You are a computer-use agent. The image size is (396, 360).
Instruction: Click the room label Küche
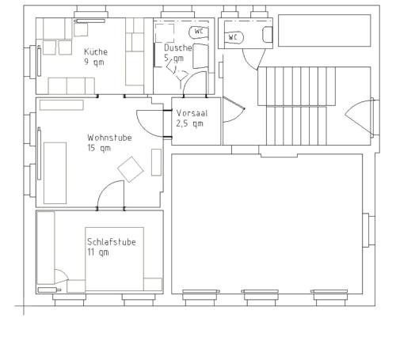(x=96, y=51)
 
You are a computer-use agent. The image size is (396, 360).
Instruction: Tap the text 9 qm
(x=94, y=63)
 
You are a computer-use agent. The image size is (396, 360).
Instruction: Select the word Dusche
(x=178, y=47)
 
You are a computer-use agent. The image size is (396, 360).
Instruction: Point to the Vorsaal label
(x=192, y=113)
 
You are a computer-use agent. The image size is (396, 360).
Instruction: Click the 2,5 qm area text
(x=189, y=123)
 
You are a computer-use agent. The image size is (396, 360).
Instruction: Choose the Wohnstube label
(x=109, y=138)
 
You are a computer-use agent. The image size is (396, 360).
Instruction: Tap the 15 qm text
(x=99, y=148)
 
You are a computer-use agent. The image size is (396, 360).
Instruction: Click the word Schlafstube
(x=112, y=242)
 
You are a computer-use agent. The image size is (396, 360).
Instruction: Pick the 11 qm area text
(x=98, y=252)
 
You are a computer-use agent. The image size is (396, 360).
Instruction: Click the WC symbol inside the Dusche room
(x=199, y=32)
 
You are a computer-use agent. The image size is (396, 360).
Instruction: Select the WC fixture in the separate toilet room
(x=234, y=37)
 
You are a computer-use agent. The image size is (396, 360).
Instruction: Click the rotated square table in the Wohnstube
(x=131, y=169)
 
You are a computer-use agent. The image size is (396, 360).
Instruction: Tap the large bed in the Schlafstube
(x=114, y=259)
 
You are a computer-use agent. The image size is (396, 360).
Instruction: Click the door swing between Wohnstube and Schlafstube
(x=105, y=188)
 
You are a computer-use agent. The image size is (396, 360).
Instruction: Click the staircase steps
(x=296, y=106)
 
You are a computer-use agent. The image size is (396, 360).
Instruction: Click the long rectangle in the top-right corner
(x=325, y=31)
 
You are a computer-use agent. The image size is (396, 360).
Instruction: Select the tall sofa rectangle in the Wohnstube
(x=55, y=173)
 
